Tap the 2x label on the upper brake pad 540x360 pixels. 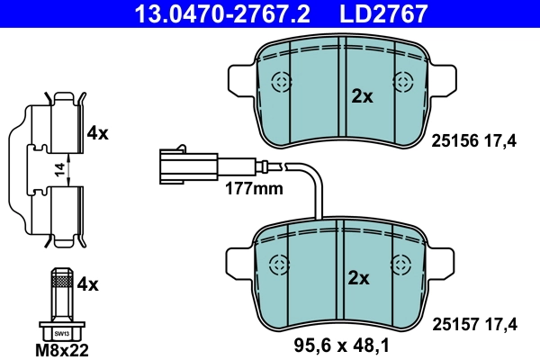pos(361,97)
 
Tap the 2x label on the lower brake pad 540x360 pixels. pos(359,278)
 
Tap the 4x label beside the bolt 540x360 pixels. pos(87,285)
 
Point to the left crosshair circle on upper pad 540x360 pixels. pos(282,84)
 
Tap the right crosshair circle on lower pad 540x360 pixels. pos(401,264)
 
